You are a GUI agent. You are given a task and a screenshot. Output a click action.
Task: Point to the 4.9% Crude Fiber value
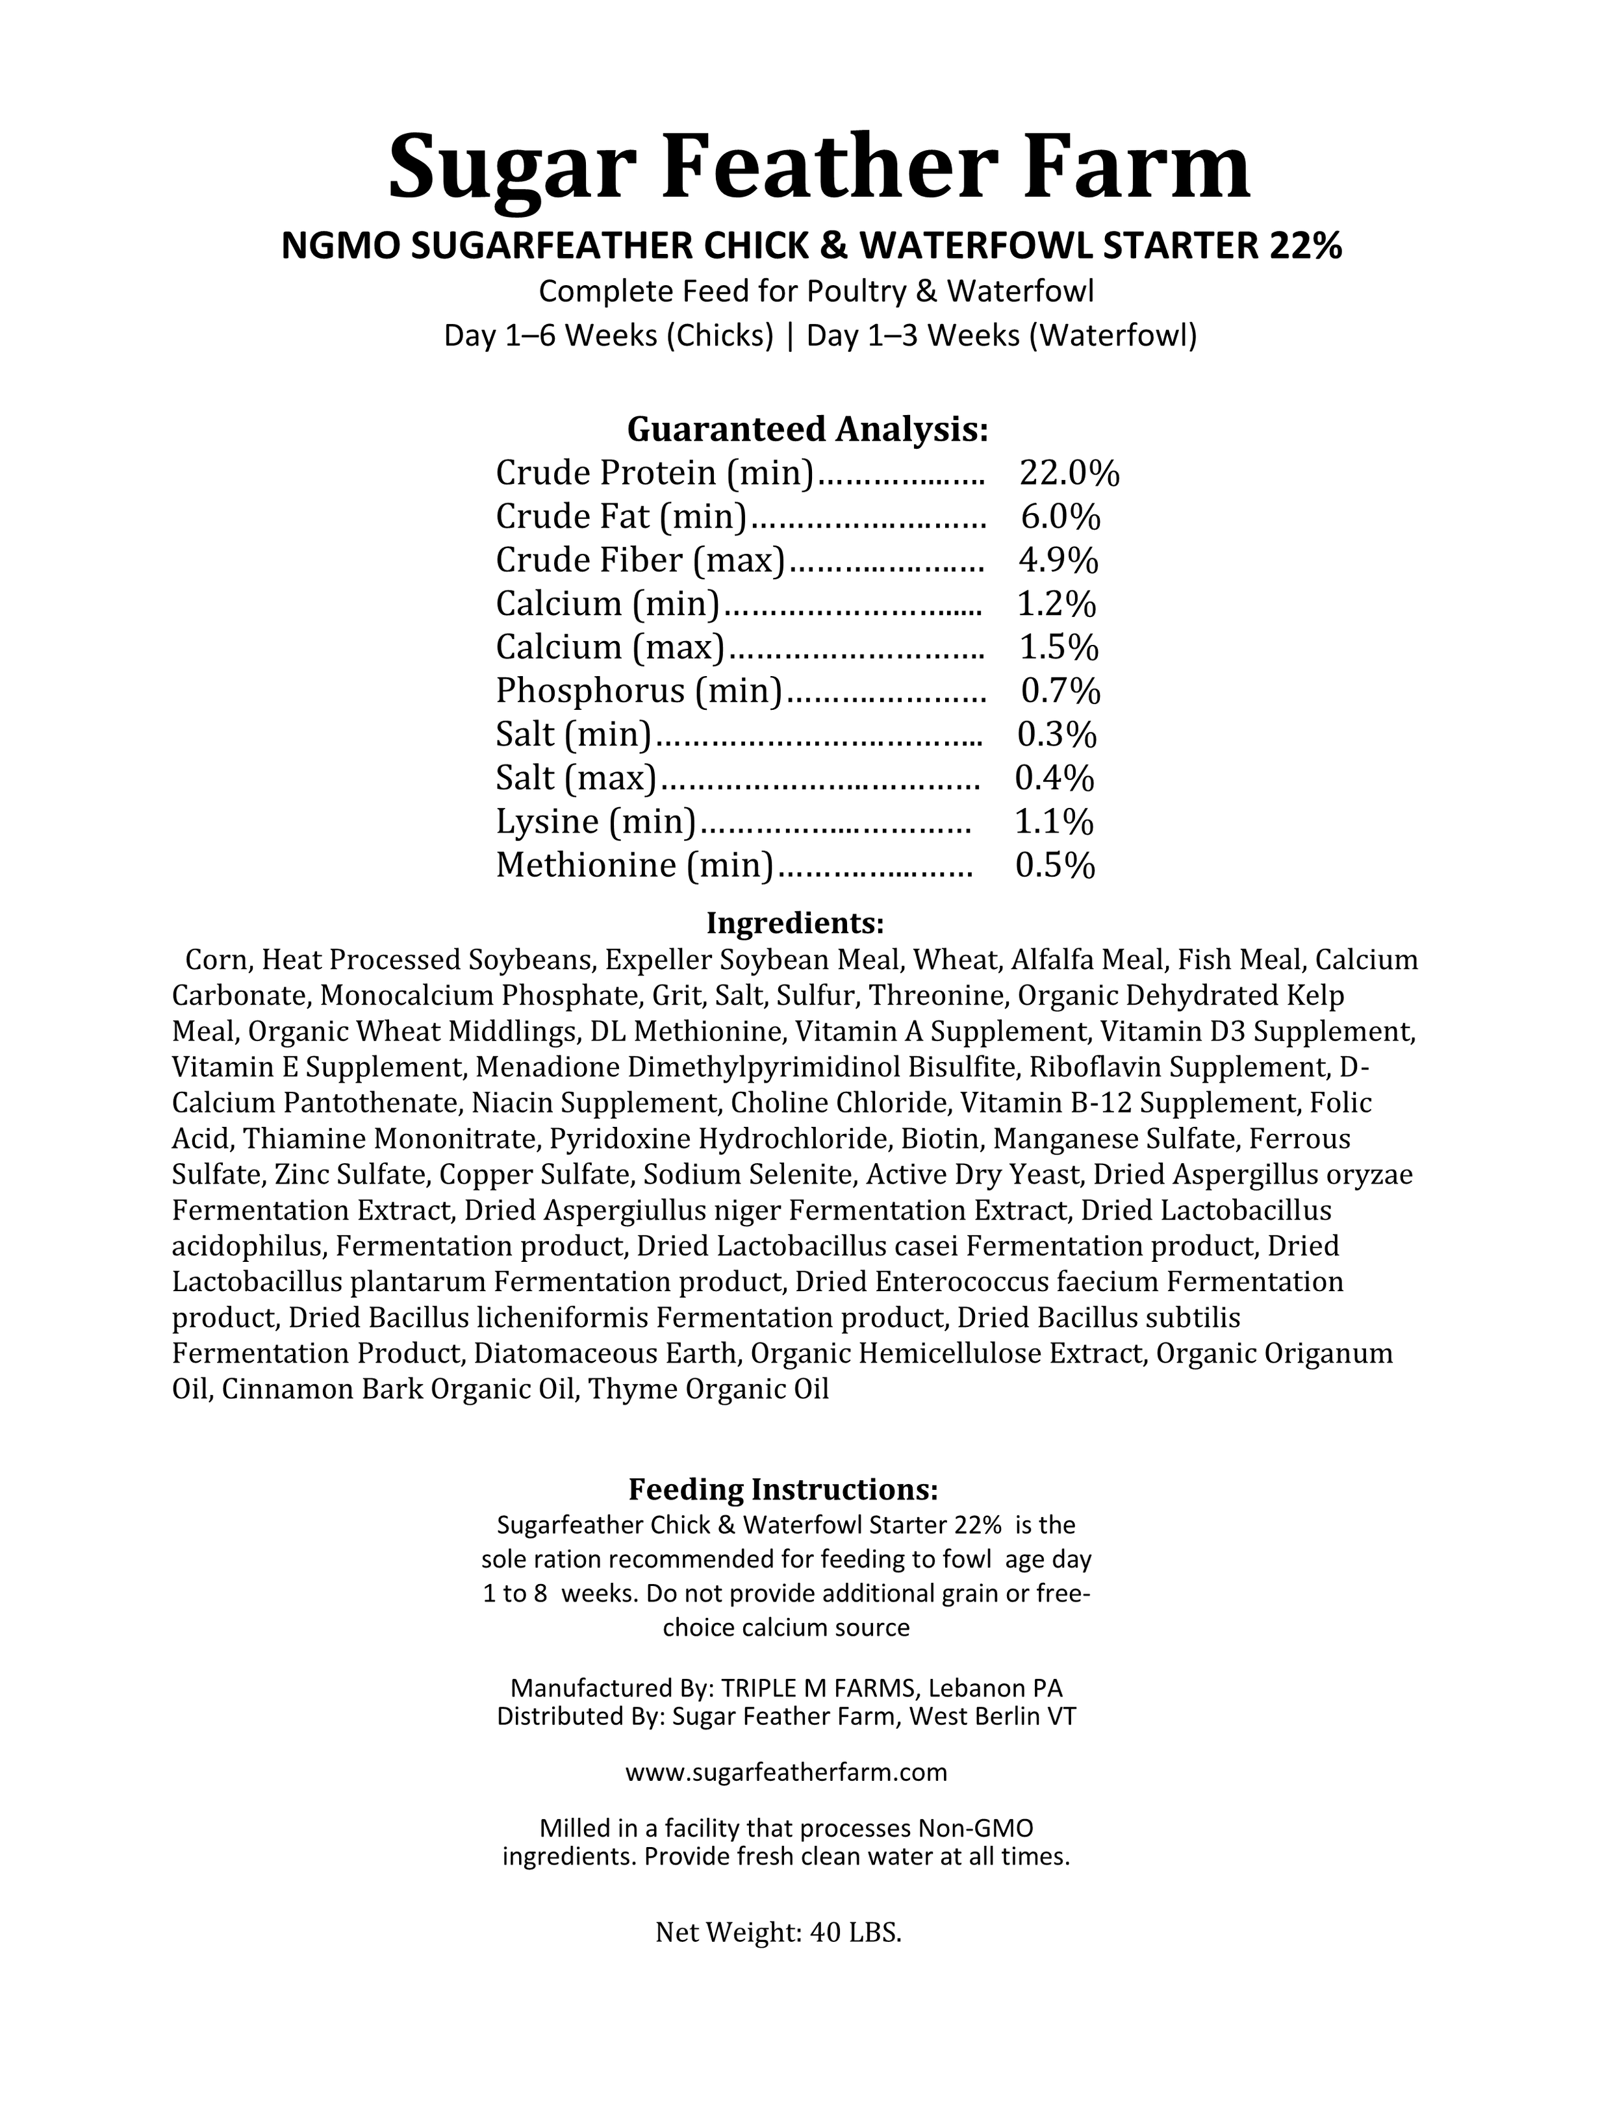click(1058, 560)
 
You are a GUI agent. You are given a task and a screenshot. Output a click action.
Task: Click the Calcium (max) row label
click(610, 648)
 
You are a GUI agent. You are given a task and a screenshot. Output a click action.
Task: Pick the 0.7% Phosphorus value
click(1060, 691)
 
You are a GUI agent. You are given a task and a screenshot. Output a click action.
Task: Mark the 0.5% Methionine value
click(1056, 866)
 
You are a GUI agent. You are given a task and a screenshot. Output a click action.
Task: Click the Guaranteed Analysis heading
click(807, 428)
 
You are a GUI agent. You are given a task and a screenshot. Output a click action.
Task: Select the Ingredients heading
click(794, 924)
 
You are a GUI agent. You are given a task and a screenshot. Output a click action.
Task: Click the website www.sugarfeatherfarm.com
click(786, 1772)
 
